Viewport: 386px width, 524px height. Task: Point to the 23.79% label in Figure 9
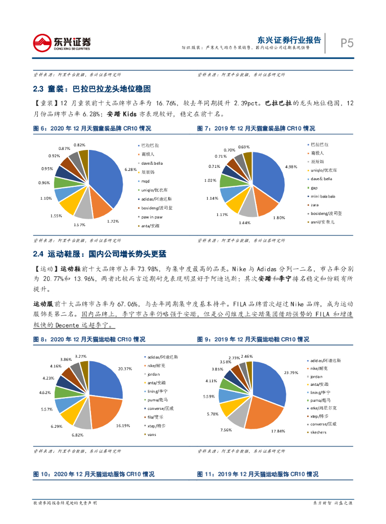290,372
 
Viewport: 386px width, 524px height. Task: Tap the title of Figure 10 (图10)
94,474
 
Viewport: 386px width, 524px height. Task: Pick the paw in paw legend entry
152,216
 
